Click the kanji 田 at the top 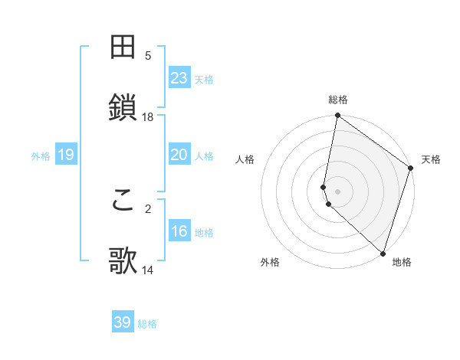[x=123, y=47]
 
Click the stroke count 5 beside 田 [x=148, y=55]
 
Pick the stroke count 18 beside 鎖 [x=148, y=116]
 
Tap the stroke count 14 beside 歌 [x=148, y=270]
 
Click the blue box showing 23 [x=179, y=78]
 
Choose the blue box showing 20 [x=179, y=155]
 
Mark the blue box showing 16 [x=179, y=231]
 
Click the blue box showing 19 [x=65, y=155]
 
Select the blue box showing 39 [x=122, y=322]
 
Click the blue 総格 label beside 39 [x=147, y=324]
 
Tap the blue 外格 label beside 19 [x=41, y=156]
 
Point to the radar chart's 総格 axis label [x=338, y=100]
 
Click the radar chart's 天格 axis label [x=431, y=159]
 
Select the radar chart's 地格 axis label [x=402, y=262]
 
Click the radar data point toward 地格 [x=383, y=253]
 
